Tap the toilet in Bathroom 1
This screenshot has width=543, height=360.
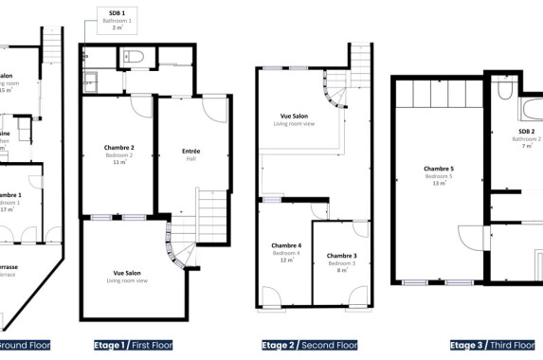coord(134,59)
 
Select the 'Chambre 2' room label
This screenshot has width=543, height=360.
coord(118,148)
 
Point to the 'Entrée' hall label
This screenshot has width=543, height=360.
coord(190,151)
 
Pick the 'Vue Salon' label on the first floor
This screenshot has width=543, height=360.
coord(127,272)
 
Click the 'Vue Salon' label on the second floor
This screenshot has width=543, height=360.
coord(292,116)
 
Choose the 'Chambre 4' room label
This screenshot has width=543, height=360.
coord(286,245)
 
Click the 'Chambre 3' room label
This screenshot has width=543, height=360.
coord(341,256)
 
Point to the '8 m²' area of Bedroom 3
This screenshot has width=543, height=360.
coord(342,270)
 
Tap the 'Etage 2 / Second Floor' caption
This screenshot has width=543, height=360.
coord(309,345)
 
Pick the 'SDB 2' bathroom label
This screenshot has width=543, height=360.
coord(526,131)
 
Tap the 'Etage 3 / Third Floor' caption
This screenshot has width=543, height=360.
coord(491,345)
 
